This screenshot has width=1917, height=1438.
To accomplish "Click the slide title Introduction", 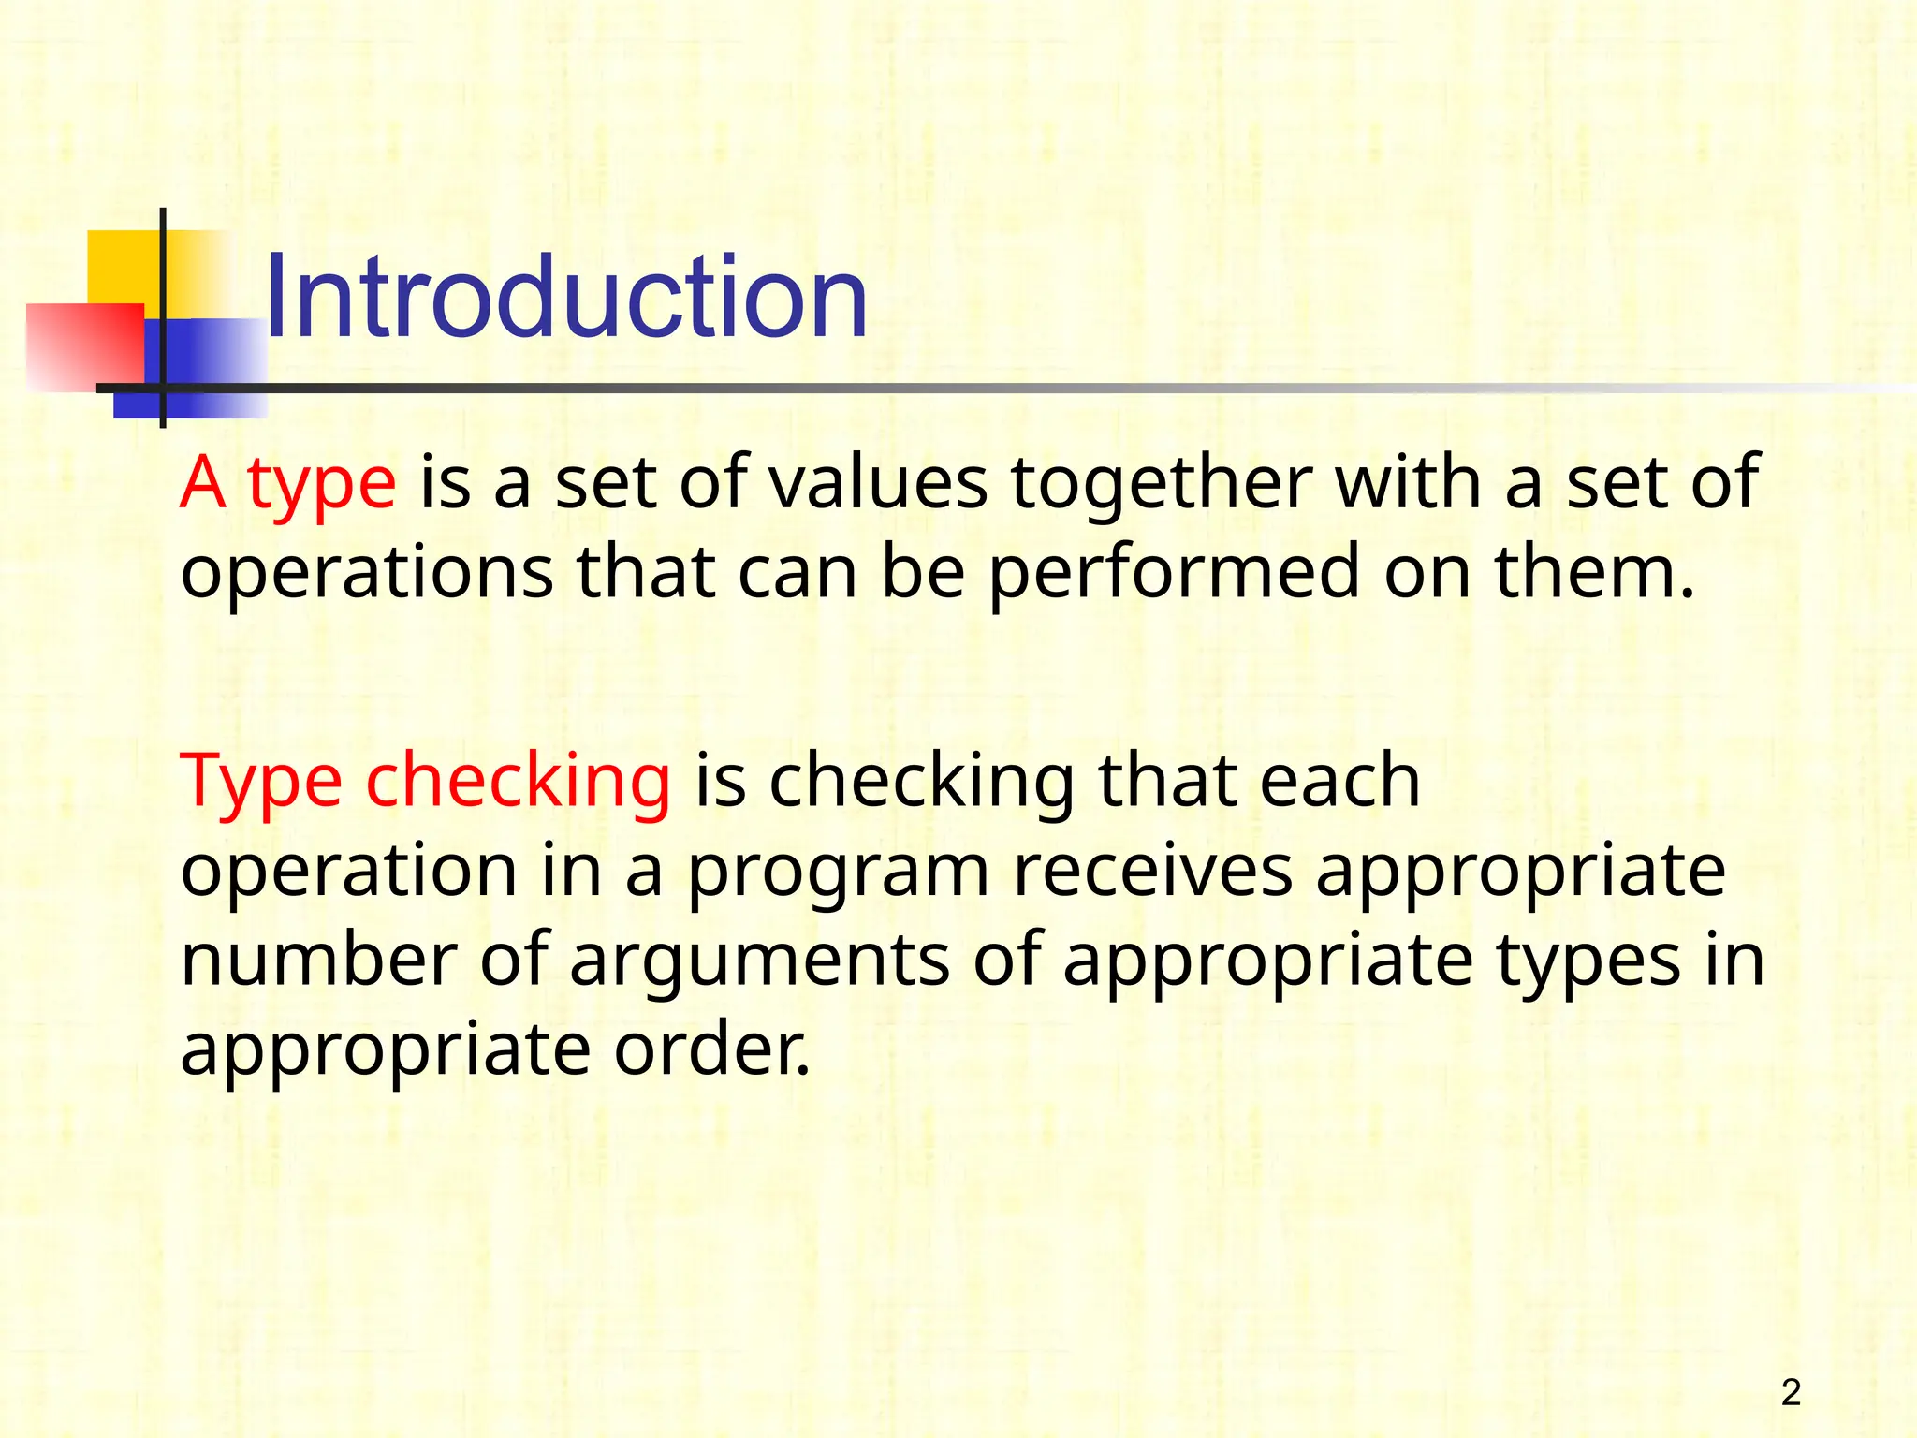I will click(x=566, y=298).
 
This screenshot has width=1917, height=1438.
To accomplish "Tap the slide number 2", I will click(x=1791, y=1393).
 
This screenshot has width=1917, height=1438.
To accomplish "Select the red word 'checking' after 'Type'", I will click(x=518, y=782).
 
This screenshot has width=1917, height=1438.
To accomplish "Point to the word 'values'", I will click(x=879, y=483).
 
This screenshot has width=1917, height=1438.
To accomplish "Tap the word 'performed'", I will click(x=1173, y=574).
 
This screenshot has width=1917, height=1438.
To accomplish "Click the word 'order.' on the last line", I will click(x=712, y=1049).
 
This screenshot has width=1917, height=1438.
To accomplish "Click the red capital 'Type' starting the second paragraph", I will click(x=261, y=782).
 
